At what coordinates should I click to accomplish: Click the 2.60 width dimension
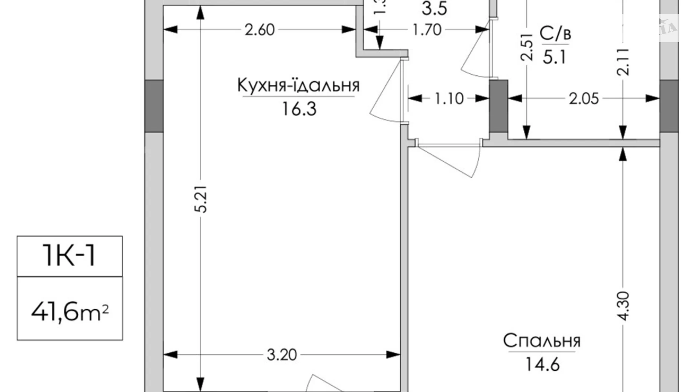tap(260, 30)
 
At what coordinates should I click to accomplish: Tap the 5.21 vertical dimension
tap(202, 199)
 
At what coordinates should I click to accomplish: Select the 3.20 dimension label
tap(282, 355)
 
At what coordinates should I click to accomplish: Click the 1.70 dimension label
tap(426, 30)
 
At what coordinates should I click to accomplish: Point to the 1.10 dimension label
tap(449, 99)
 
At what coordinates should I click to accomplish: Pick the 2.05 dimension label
tap(584, 99)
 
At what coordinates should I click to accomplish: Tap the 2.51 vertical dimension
tap(527, 47)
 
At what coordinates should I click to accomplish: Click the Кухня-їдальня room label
tap(298, 86)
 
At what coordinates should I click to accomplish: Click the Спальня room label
tap(542, 341)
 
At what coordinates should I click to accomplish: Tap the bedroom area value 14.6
tap(542, 364)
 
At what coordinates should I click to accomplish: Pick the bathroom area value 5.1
tap(555, 58)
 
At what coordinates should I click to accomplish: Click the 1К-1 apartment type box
tap(70, 256)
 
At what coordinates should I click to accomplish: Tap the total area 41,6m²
tap(70, 312)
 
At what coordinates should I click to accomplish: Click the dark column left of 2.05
tap(498, 106)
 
